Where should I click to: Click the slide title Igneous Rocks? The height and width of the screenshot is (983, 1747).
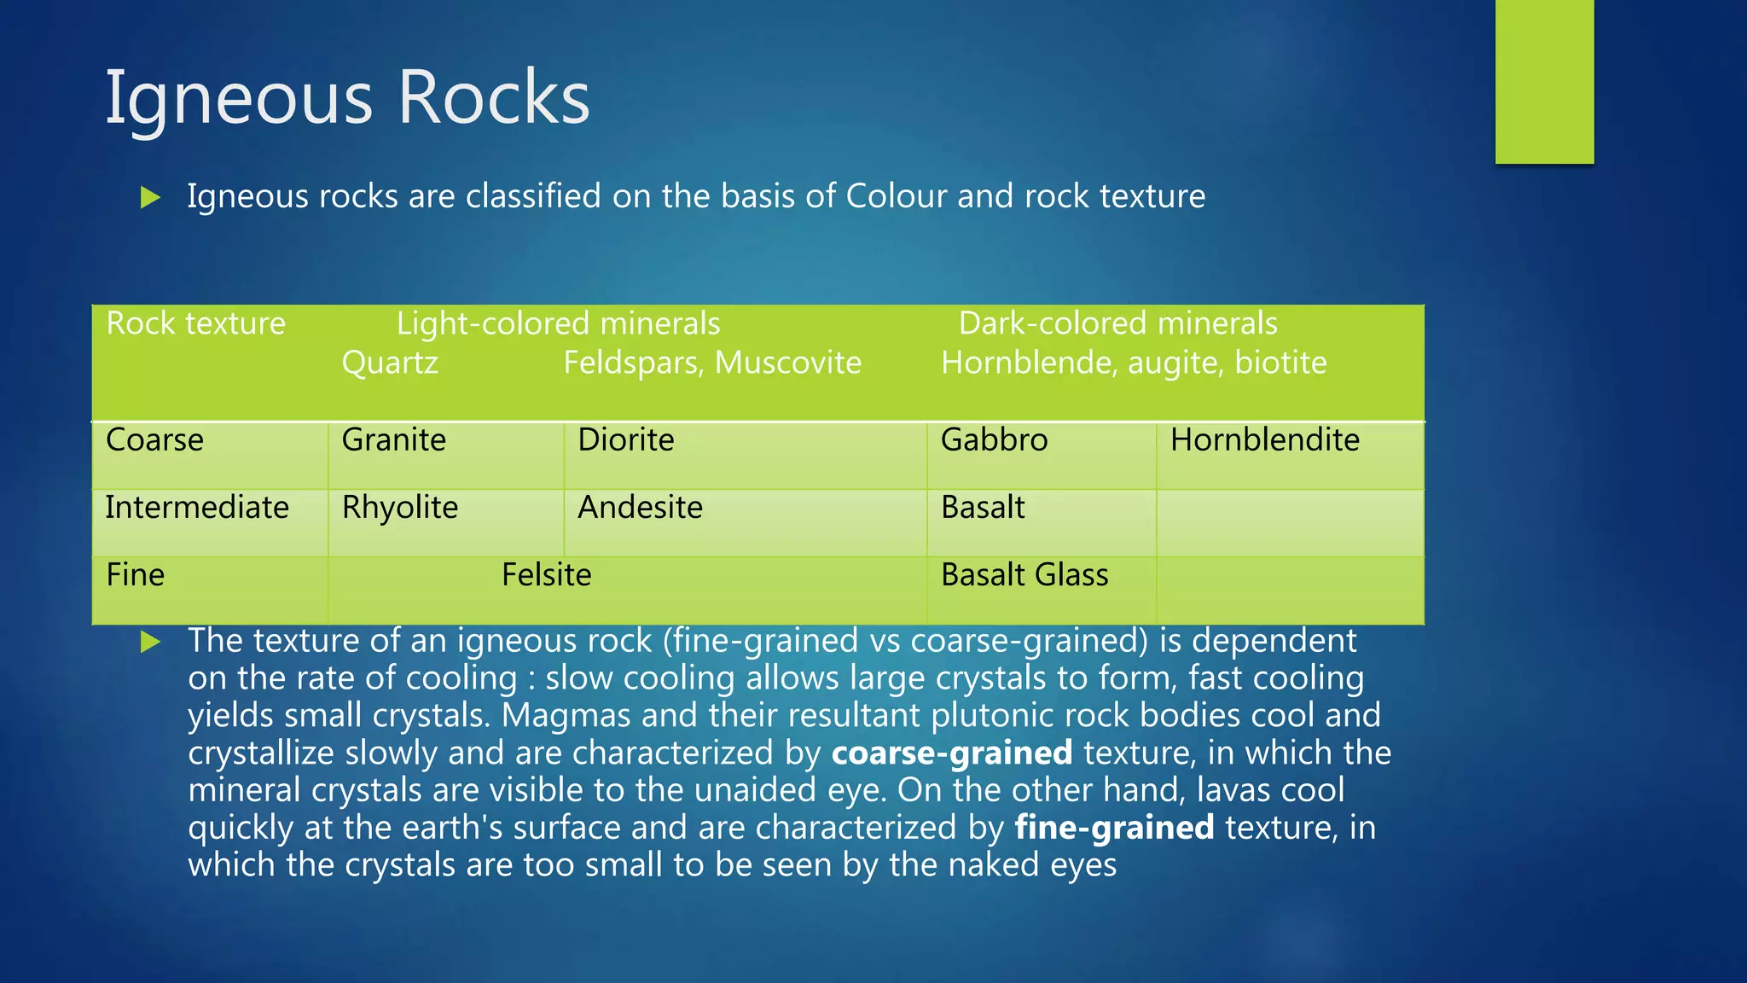click(347, 97)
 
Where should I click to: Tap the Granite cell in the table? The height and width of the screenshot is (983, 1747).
click(393, 440)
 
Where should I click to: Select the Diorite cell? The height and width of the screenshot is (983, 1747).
click(625, 440)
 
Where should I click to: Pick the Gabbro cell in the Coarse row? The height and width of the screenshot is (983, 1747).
click(994, 440)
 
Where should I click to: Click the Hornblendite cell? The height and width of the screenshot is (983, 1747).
click(1264, 440)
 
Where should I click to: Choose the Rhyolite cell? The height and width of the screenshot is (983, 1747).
click(399, 508)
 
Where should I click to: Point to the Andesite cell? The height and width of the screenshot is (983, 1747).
click(640, 508)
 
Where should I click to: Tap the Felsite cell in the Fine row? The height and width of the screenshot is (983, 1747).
click(546, 575)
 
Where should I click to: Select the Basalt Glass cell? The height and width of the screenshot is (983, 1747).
click(1024, 575)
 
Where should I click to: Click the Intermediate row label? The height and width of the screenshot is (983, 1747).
click(197, 508)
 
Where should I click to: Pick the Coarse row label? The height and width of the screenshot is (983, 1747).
click(154, 440)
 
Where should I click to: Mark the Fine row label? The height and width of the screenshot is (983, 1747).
click(135, 575)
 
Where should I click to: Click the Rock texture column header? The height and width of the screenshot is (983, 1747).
click(195, 323)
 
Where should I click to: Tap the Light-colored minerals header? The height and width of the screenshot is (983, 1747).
click(558, 323)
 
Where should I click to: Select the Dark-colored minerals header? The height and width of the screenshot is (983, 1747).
click(1117, 323)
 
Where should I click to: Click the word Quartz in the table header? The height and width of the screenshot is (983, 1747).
click(390, 363)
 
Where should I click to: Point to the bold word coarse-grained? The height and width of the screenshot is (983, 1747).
click(952, 753)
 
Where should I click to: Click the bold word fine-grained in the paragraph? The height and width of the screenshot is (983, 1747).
click(1114, 828)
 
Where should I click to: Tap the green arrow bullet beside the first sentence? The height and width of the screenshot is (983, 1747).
click(151, 198)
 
